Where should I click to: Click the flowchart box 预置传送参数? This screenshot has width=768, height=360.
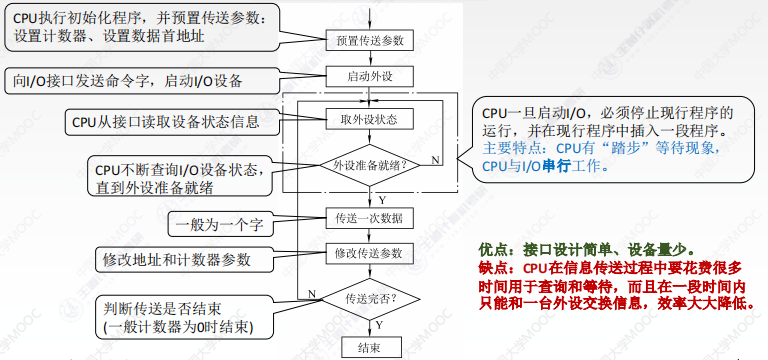tap(370, 40)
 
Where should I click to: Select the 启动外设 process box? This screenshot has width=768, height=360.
tap(370, 77)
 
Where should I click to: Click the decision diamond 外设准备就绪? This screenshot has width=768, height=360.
tap(370, 165)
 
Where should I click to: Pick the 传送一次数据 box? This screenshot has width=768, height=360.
tap(370, 218)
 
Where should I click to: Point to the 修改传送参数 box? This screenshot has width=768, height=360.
tap(370, 254)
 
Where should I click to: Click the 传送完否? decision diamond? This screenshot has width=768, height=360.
tap(370, 299)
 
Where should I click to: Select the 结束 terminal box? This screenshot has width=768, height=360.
tap(370, 348)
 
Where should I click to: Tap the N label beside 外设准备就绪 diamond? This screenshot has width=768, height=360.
tap(434, 160)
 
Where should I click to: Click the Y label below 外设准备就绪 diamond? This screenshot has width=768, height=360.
tap(382, 200)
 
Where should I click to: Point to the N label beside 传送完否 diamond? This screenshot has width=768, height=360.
tap(312, 293)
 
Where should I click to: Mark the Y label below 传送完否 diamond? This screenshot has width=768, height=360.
tap(379, 326)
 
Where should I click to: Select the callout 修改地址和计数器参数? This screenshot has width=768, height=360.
tap(177, 259)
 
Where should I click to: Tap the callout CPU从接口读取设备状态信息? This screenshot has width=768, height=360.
tap(166, 121)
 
